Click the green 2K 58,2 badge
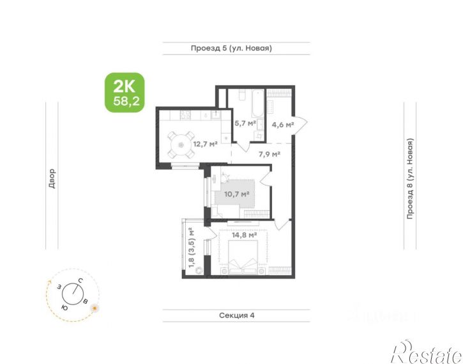[x=125, y=93]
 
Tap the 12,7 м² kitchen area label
[x=206, y=145]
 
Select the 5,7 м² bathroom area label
[x=245, y=123]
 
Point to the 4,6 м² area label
[x=282, y=125]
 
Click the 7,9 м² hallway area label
[x=269, y=154]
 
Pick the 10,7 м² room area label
[x=237, y=194]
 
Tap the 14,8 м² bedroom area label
[x=244, y=235]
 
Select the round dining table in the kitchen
[x=181, y=145]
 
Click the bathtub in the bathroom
[x=257, y=104]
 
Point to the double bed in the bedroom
[x=243, y=257]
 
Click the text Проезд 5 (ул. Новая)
[x=231, y=48]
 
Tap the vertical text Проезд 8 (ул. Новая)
[x=410, y=179]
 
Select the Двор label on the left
[x=52, y=178]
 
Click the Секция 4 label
[x=237, y=315]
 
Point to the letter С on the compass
[x=80, y=280]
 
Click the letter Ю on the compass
[x=65, y=308]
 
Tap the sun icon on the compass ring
[x=95, y=308]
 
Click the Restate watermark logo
[x=427, y=352]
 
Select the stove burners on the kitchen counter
[x=185, y=115]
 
